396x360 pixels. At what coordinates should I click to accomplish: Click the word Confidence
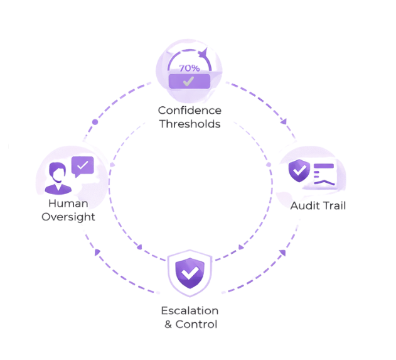click(189, 111)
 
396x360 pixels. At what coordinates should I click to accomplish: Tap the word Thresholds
click(189, 124)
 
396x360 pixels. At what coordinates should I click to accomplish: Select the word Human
click(68, 204)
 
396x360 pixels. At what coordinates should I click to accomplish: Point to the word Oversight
click(68, 217)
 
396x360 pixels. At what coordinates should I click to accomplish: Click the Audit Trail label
click(318, 205)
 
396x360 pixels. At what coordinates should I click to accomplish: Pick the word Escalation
click(190, 311)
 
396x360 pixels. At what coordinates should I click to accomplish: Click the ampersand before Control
click(168, 324)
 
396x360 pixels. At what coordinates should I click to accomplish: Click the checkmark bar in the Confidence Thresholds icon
click(189, 80)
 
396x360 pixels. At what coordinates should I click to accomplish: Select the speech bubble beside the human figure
click(82, 166)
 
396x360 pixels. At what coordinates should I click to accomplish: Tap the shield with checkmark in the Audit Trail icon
click(301, 170)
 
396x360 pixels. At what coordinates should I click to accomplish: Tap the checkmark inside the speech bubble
click(83, 166)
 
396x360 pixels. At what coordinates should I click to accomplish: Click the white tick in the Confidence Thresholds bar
click(188, 81)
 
